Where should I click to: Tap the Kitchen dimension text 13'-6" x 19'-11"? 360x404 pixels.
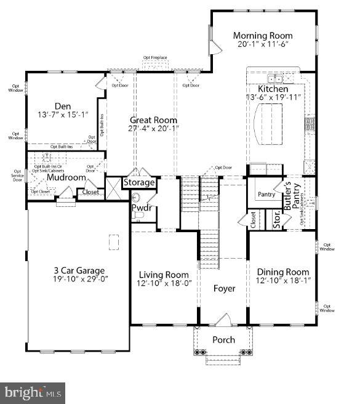(x=272, y=98)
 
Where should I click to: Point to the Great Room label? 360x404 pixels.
(x=153, y=120)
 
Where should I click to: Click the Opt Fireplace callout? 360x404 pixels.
(x=155, y=58)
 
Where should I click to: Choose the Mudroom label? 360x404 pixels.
(x=66, y=177)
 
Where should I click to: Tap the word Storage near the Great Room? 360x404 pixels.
(x=139, y=182)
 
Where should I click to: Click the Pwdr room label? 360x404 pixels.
(x=141, y=208)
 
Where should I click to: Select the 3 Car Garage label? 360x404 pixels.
(x=78, y=270)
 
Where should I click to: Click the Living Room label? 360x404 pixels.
(x=163, y=275)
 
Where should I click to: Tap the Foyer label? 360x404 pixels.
(x=224, y=288)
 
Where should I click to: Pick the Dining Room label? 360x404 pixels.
(x=282, y=272)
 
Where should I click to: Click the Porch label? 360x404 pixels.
(x=223, y=340)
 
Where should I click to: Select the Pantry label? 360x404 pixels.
(x=266, y=195)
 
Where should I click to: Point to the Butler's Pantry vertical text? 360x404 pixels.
(x=292, y=197)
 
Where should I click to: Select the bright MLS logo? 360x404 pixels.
(x=33, y=391)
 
